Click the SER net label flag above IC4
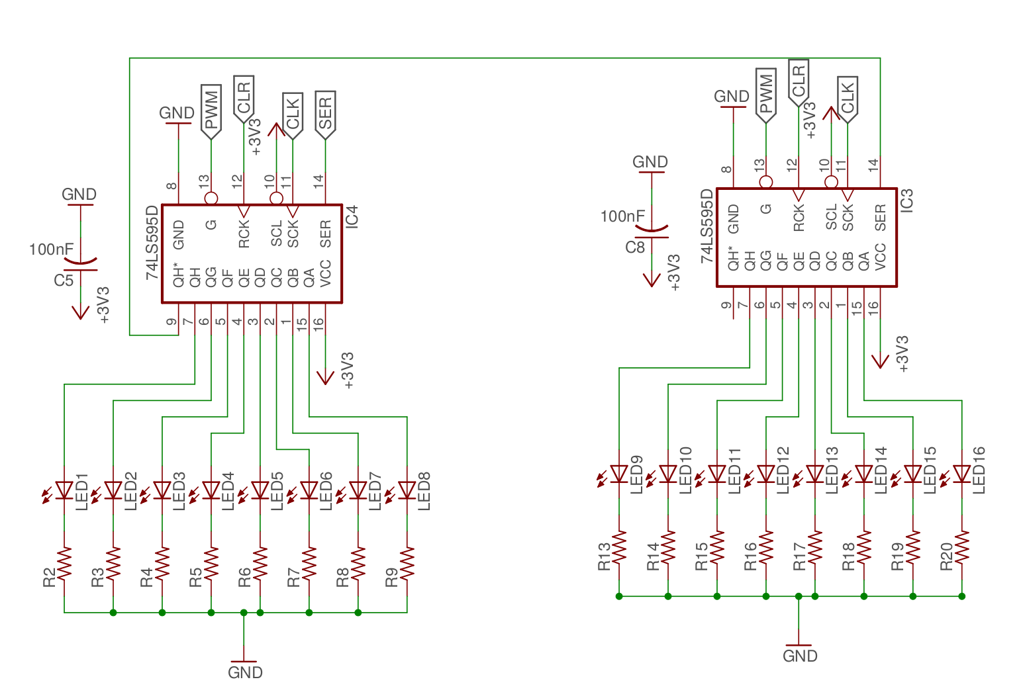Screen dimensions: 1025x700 [x=325, y=114]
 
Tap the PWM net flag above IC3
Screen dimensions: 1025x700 [x=766, y=95]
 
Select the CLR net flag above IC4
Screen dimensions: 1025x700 [x=244, y=99]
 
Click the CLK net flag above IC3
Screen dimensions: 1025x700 [x=848, y=99]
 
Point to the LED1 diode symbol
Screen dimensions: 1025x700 [x=64, y=490]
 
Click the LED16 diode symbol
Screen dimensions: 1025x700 [x=962, y=474]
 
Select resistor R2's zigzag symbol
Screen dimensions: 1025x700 [x=64, y=563]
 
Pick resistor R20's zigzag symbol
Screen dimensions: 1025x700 [x=962, y=547]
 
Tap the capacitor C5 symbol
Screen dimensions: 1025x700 [x=81, y=265]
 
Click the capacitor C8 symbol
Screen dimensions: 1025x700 [x=652, y=232]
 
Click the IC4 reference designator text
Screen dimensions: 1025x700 [x=352, y=217]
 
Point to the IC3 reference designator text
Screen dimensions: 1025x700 [x=906, y=200]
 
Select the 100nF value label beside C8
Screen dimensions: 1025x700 [x=622, y=216]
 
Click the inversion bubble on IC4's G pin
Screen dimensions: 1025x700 [x=211, y=198]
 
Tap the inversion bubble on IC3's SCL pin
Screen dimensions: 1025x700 [x=832, y=182]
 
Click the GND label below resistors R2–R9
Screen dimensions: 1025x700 [x=245, y=673]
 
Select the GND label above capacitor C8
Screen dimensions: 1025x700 [x=650, y=162]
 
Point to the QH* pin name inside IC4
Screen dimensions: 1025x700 [x=179, y=275]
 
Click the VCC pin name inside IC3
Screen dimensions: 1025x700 [x=881, y=257]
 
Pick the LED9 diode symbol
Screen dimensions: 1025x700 [x=619, y=474]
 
